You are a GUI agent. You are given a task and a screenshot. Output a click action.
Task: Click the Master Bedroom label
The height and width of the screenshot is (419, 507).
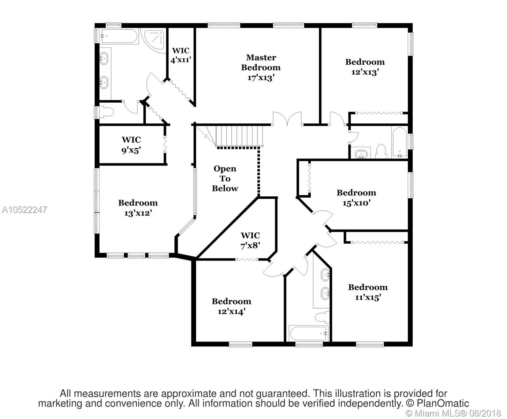tap(261, 63)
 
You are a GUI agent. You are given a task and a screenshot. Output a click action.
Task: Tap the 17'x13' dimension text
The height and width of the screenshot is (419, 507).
tap(261, 78)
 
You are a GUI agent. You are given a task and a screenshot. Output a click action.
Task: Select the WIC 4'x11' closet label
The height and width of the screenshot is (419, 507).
tap(181, 55)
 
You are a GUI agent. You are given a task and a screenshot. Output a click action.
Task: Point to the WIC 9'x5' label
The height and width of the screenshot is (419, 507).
tap(131, 145)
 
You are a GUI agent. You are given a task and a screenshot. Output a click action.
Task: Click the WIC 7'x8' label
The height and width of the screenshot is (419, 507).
tap(250, 241)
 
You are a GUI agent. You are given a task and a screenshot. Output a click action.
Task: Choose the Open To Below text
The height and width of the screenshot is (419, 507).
tap(225, 178)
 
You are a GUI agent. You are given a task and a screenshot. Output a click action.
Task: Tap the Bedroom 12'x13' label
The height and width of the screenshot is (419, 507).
tap(365, 67)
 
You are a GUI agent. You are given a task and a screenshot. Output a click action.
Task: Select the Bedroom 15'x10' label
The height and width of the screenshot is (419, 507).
tap(356, 198)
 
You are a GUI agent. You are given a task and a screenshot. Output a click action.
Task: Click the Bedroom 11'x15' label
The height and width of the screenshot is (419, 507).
tap(368, 292)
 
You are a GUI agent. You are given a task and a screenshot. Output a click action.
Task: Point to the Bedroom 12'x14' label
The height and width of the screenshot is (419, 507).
tap(231, 307)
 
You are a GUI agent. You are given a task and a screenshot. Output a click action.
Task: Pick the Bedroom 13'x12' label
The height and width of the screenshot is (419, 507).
tap(138, 208)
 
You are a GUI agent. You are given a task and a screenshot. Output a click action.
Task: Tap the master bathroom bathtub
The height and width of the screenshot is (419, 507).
tap(119, 36)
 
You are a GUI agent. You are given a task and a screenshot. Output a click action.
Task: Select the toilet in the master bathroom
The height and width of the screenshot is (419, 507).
tap(106, 112)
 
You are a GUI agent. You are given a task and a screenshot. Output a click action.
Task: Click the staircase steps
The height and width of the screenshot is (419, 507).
tap(239, 136)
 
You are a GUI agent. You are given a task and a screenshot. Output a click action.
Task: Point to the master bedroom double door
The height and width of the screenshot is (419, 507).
tap(287, 119)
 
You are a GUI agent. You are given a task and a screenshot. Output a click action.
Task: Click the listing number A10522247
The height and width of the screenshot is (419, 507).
tap(24, 210)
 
